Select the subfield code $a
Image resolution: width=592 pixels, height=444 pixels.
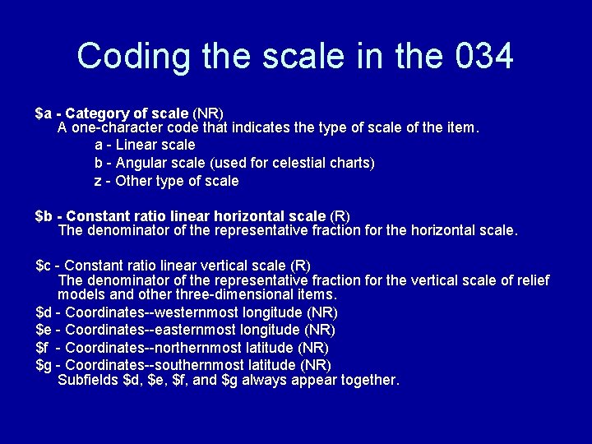pos(44,112)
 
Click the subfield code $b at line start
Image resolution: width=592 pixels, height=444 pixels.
pos(44,216)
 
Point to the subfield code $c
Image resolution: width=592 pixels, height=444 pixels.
pos(44,266)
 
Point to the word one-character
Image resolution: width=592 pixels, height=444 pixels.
pos(113,128)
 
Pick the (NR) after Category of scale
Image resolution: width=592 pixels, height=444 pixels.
pos(208,112)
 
